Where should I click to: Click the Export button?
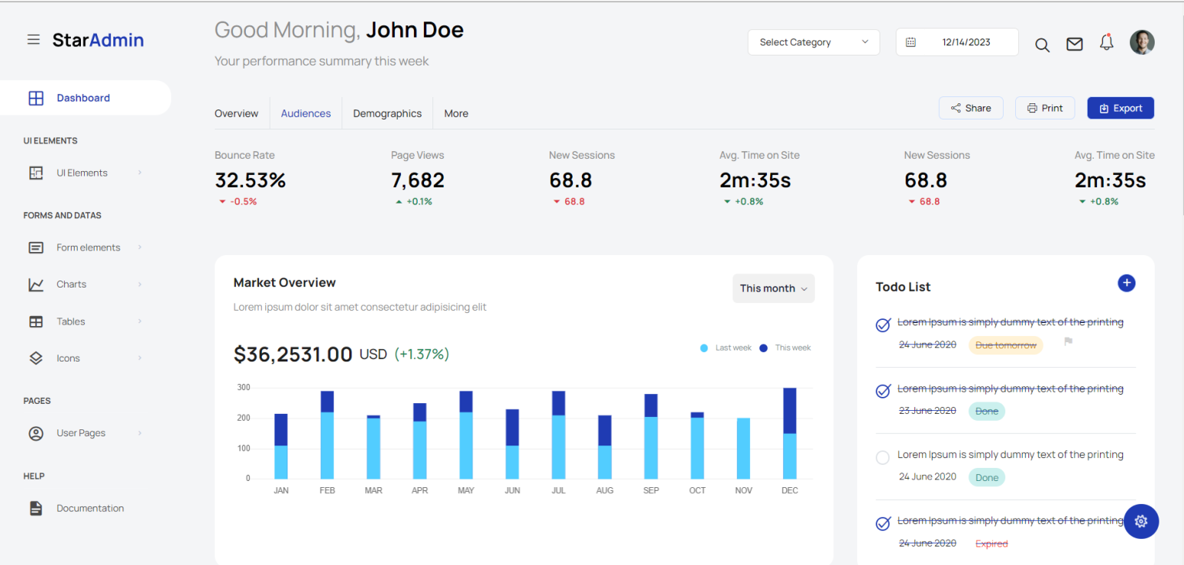click(x=1120, y=108)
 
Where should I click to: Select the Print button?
click(x=1044, y=108)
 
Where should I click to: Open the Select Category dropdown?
click(x=813, y=42)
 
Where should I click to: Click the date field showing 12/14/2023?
click(x=957, y=42)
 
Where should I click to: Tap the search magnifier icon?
click(x=1042, y=45)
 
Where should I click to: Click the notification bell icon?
click(x=1106, y=42)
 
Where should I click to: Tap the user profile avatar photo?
click(x=1142, y=42)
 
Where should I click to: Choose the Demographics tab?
click(x=387, y=113)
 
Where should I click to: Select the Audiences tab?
click(x=305, y=113)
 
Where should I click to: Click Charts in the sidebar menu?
click(x=71, y=284)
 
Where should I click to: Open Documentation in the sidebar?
click(x=89, y=508)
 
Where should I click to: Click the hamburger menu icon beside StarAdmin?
click(x=33, y=39)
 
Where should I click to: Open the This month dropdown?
click(x=773, y=288)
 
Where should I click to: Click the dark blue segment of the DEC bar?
click(x=789, y=410)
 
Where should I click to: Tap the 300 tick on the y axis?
click(x=243, y=388)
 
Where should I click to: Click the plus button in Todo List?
click(x=1126, y=283)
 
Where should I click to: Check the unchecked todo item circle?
click(x=883, y=458)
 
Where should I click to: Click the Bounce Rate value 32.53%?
click(x=250, y=180)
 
